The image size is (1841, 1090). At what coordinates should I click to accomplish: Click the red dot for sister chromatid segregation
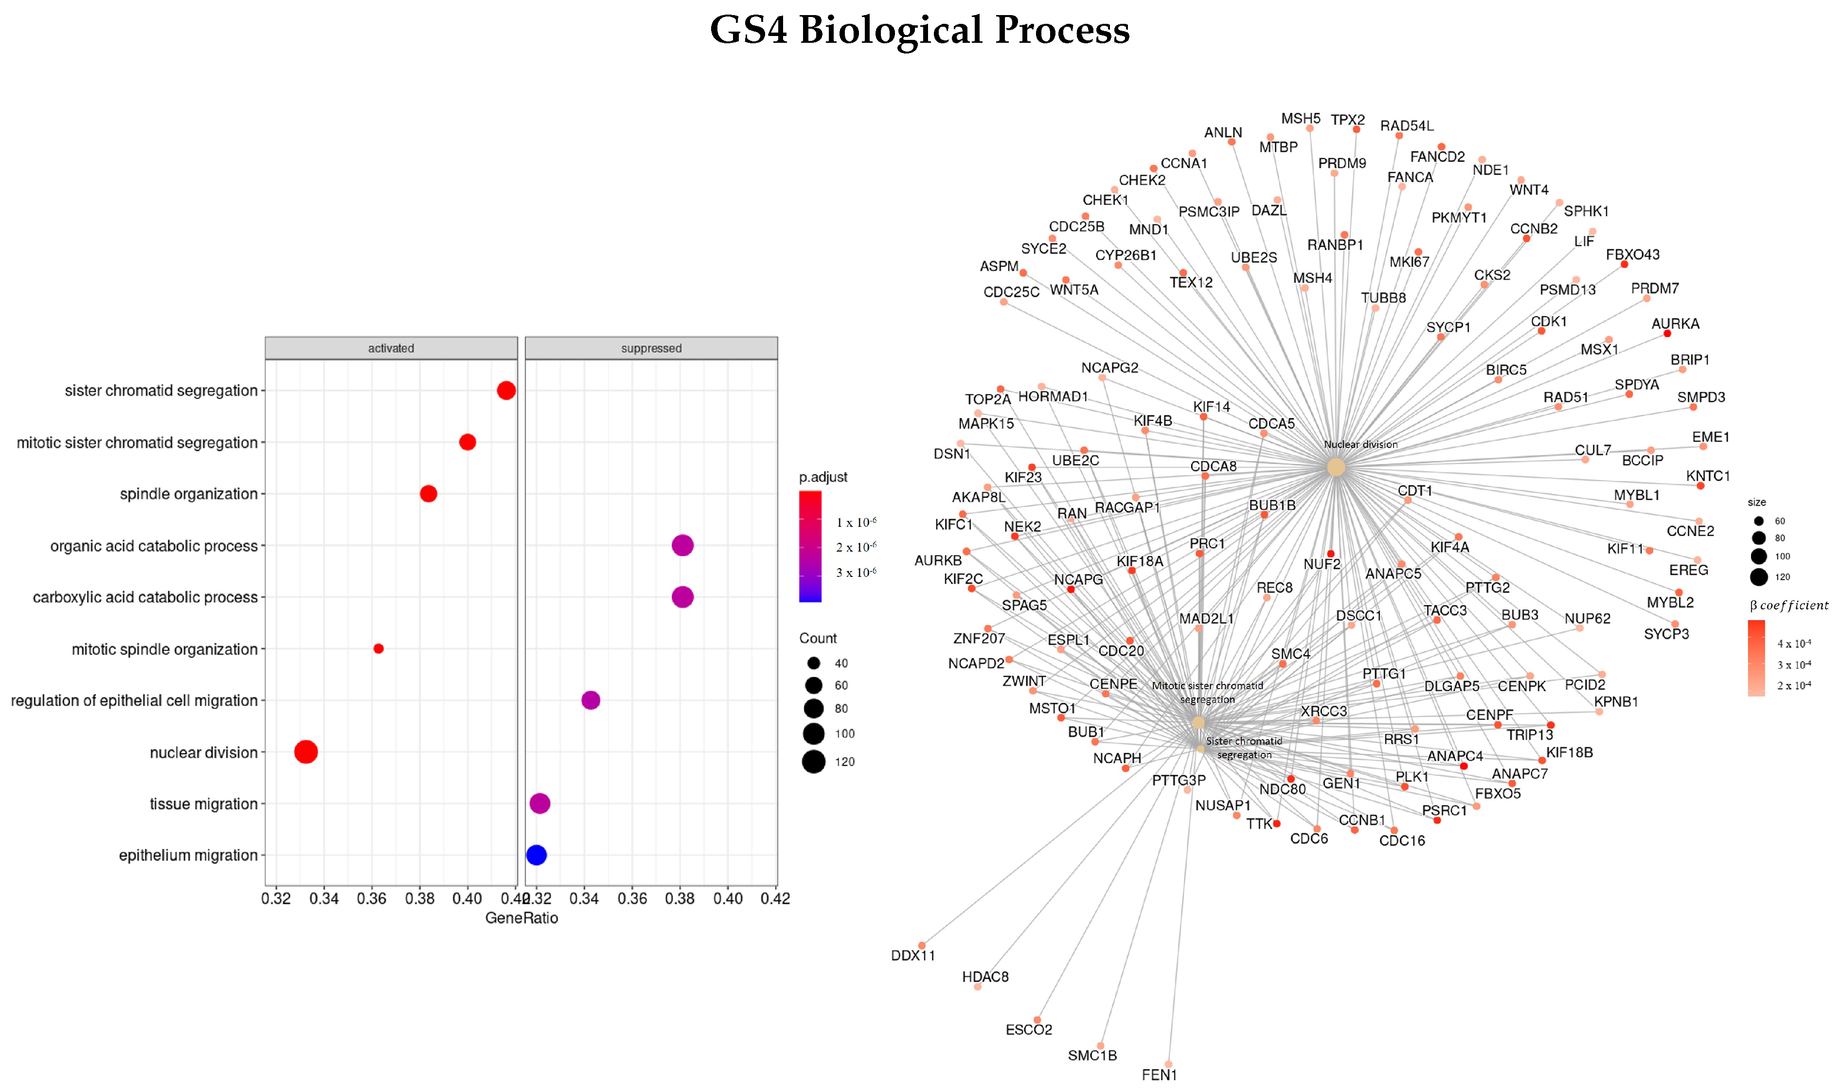click(x=505, y=390)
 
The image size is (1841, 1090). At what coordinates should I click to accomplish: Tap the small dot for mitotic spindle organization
click(x=378, y=648)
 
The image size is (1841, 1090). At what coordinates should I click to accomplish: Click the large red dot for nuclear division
click(x=305, y=751)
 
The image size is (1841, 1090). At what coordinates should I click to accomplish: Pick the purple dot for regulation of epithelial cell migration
click(x=590, y=700)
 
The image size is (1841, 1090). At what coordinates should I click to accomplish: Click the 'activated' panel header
click(x=391, y=348)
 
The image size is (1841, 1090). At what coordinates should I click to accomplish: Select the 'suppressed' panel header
click(x=651, y=348)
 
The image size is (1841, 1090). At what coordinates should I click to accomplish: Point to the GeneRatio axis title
click(x=521, y=918)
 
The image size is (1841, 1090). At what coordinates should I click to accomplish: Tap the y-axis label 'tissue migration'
click(x=203, y=804)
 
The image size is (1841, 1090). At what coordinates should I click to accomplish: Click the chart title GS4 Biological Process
click(x=919, y=31)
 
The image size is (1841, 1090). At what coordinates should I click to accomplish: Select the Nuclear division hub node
click(x=1336, y=467)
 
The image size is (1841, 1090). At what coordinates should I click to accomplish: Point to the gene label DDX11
click(x=913, y=956)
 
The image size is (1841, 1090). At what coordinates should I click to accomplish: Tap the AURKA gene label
click(x=1675, y=324)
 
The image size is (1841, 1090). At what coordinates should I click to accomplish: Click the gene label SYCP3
click(x=1666, y=634)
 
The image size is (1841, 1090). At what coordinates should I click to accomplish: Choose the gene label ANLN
click(x=1223, y=133)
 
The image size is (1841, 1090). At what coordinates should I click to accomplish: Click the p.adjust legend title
click(x=822, y=478)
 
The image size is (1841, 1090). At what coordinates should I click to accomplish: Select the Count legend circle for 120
click(x=813, y=762)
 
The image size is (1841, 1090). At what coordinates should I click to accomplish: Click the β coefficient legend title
click(x=1789, y=605)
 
